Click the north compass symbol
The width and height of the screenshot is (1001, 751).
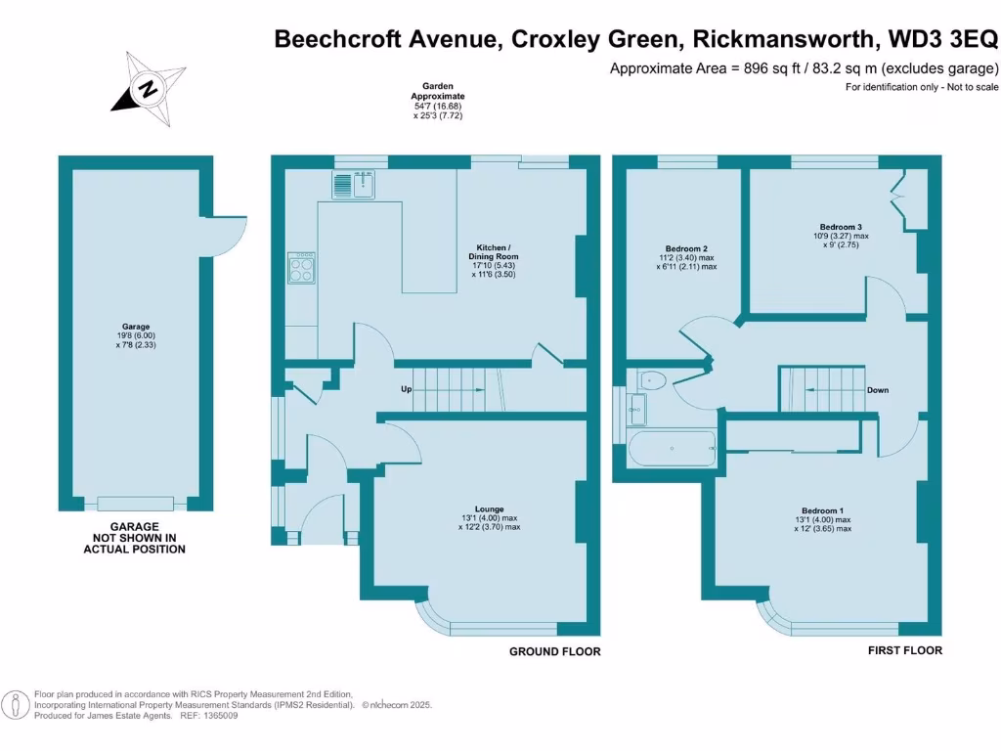pyautogui.click(x=148, y=88)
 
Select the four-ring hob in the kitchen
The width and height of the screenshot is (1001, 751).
pyautogui.click(x=301, y=268)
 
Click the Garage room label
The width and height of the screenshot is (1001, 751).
pyautogui.click(x=136, y=335)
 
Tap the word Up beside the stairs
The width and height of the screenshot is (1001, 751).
pyautogui.click(x=405, y=390)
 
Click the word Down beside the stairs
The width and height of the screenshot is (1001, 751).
pyautogui.click(x=877, y=390)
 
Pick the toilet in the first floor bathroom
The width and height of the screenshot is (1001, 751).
pyautogui.click(x=653, y=381)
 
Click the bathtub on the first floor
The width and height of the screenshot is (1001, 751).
pyautogui.click(x=673, y=449)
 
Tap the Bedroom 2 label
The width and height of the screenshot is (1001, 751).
pyautogui.click(x=686, y=257)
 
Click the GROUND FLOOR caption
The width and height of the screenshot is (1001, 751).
pyautogui.click(x=555, y=651)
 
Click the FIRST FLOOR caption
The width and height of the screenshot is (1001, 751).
pyautogui.click(x=905, y=650)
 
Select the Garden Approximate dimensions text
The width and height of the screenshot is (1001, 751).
pyautogui.click(x=437, y=101)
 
